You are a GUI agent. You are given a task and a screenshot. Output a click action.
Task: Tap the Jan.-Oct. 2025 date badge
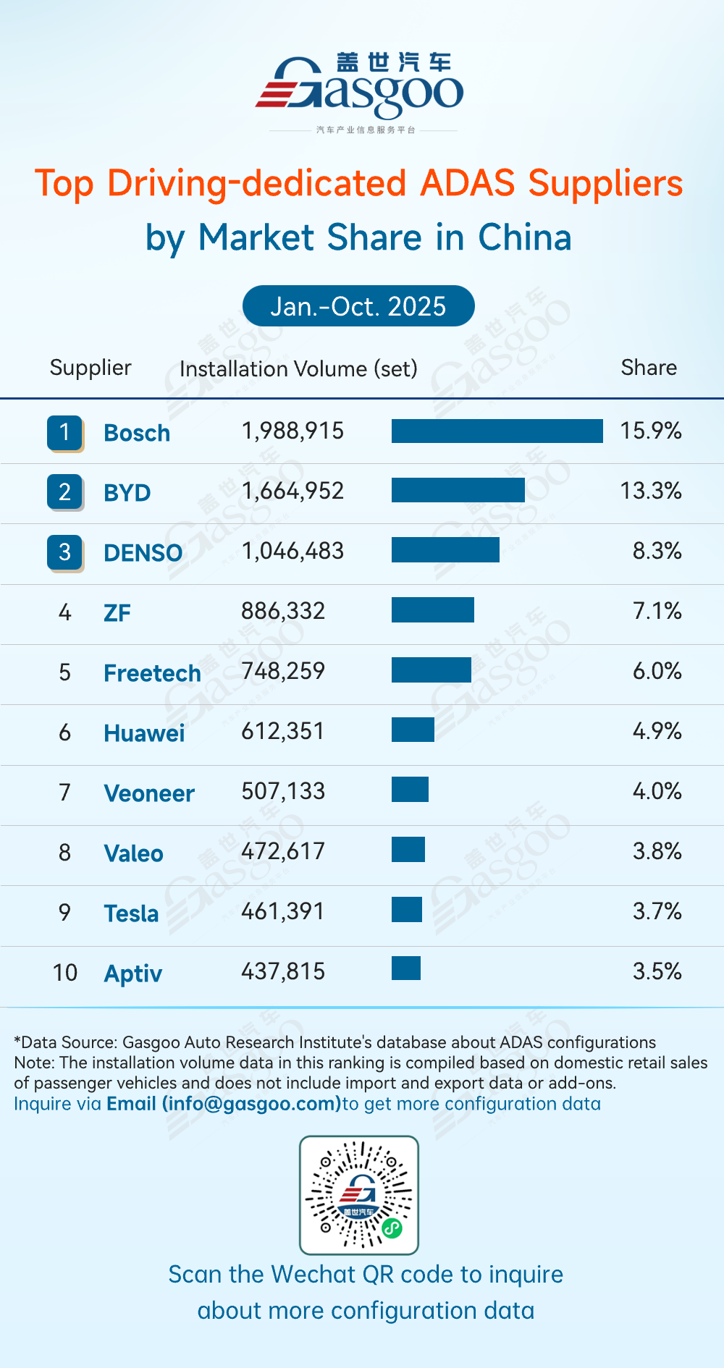coord(358,306)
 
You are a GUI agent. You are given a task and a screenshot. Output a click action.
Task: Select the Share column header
coord(649,368)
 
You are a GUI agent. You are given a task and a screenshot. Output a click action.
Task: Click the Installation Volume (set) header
coord(298,368)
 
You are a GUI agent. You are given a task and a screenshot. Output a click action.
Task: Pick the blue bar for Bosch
coord(497,431)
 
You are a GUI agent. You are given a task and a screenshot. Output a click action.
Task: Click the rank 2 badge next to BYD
coord(64,491)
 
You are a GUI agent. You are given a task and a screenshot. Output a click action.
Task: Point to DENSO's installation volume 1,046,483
coord(292,551)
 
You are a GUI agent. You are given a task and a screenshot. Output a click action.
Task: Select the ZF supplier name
coord(117,613)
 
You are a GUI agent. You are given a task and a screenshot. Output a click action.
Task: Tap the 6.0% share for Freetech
coord(657,671)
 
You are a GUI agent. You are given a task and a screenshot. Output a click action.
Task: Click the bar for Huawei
coord(413,730)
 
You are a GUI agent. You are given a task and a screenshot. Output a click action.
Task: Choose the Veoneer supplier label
coord(149,793)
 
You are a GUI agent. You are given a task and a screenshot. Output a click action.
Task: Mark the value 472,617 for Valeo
coord(283,851)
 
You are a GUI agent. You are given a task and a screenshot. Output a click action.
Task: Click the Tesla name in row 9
coord(131,913)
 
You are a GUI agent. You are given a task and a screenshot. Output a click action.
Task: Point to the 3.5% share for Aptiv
coord(657,971)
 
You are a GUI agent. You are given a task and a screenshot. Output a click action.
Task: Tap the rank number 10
coord(64,972)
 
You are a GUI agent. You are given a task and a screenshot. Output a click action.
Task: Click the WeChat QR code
coord(359,1195)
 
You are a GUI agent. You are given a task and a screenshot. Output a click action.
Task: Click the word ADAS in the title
coord(467,183)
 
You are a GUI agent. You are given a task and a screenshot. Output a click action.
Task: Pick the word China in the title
coord(524,237)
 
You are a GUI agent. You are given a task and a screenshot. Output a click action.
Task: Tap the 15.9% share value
coord(650,431)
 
